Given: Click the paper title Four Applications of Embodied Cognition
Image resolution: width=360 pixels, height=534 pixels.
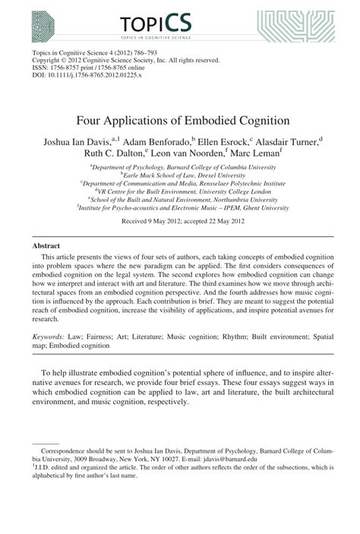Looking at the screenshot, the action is pyautogui.click(x=180, y=119).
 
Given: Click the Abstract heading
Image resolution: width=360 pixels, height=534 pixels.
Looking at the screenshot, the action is pyautogui.click(x=46, y=246).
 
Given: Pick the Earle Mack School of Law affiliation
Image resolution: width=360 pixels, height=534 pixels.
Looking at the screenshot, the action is pyautogui.click(x=180, y=174).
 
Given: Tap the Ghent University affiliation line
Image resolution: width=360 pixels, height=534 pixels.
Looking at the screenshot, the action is pyautogui.click(x=180, y=207).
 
